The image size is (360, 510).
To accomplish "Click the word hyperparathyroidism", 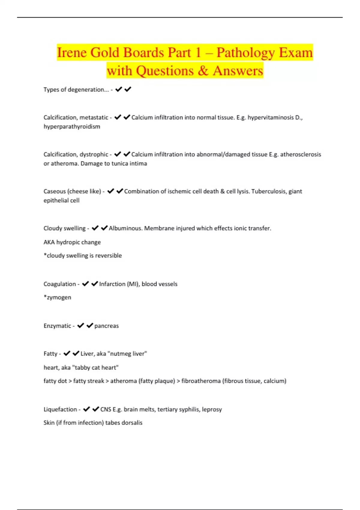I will (x=72, y=127).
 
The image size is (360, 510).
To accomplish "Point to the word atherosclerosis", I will (x=300, y=154).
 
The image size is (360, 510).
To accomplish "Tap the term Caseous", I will (x=54, y=191).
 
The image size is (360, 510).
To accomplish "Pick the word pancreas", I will (x=106, y=326).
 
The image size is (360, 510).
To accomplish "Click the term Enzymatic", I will (x=57, y=326).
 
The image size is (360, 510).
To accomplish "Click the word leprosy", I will (x=212, y=409).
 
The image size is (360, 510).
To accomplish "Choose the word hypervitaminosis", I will (x=270, y=118).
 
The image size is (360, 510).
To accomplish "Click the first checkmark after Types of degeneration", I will (x=118, y=89).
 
